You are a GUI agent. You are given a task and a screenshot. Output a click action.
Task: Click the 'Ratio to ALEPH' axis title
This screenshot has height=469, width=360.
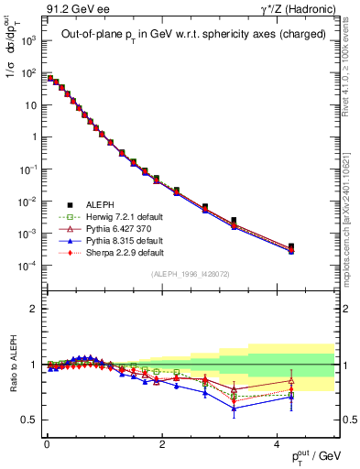14,365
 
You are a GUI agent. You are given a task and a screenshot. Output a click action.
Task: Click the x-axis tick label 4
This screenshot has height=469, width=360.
277,444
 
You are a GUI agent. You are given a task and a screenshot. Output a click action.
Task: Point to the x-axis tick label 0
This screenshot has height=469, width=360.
47,444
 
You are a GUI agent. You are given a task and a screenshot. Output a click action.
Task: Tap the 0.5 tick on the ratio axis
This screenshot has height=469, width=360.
30,420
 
